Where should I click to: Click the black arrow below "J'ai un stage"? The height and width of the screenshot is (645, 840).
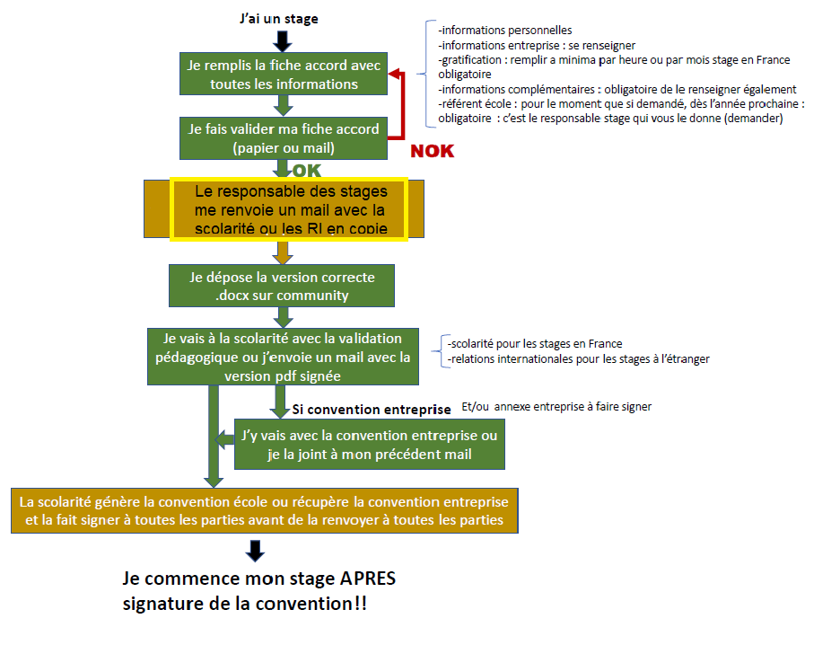[283, 40]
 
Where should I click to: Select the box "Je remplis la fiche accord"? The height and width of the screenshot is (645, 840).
[283, 75]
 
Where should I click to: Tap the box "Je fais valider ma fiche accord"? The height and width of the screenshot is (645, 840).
[283, 137]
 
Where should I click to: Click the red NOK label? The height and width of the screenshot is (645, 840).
[432, 151]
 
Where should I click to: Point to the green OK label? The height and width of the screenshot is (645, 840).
[306, 171]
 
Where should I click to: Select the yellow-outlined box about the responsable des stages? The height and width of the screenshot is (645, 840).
[289, 209]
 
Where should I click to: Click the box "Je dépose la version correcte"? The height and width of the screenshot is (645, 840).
[283, 286]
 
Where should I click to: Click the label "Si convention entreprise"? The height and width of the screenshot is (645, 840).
[372, 410]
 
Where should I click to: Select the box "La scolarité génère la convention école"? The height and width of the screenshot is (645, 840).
[265, 511]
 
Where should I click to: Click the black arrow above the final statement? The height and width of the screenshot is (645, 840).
[255, 550]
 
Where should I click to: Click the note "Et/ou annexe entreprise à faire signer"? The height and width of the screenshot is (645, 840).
[556, 406]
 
